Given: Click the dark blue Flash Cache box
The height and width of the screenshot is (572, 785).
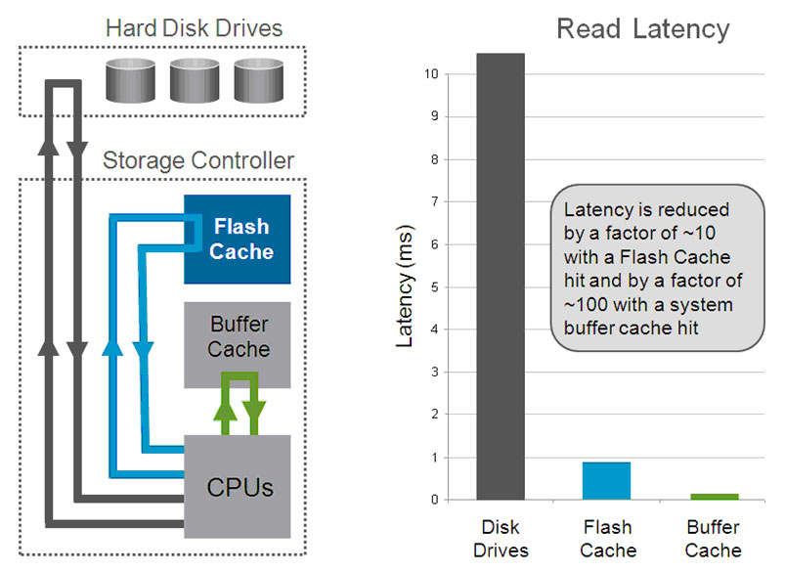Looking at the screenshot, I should point(238,239).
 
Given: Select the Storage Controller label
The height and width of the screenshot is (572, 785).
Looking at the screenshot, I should point(197,159).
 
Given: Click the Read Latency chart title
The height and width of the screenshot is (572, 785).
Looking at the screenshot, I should point(642,29).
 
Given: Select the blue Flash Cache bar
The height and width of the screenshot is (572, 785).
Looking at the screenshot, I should point(606,480).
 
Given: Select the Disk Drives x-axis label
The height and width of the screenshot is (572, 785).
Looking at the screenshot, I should point(501,539).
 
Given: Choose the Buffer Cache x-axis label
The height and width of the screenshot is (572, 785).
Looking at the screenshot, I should point(713,539).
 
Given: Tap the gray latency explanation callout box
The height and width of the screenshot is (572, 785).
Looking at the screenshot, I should point(652,267).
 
